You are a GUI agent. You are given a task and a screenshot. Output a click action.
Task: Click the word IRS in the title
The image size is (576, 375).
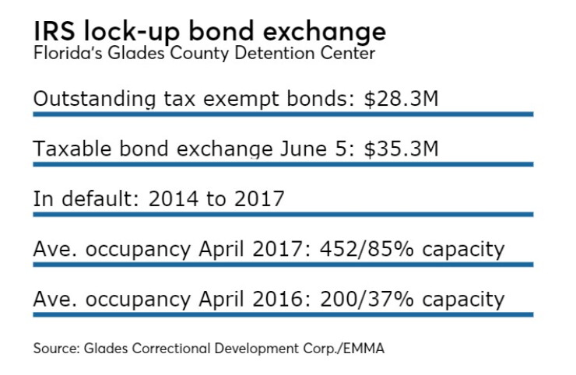click(54, 31)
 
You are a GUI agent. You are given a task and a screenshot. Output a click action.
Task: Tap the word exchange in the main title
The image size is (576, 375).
click(325, 33)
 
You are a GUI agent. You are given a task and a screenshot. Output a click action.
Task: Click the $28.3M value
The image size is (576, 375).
click(401, 99)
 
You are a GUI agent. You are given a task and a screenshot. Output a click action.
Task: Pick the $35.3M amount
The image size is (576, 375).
click(401, 149)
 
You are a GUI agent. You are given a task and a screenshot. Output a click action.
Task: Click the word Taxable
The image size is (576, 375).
click(72, 149)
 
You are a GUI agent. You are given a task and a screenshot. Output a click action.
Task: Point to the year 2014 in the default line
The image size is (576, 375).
click(174, 198)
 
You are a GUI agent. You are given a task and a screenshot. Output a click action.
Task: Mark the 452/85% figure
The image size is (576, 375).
click(367, 249)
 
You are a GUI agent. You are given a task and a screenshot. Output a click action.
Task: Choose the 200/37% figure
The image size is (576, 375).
click(367, 300)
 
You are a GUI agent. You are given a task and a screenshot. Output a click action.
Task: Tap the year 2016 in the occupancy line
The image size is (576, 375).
click(277, 300)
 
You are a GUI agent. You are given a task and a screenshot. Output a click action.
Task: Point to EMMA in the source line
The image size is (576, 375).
click(364, 349)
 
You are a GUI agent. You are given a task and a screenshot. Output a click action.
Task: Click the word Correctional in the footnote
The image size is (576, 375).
click(171, 349)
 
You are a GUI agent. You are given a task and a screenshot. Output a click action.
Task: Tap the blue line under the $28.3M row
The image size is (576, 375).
click(283, 114)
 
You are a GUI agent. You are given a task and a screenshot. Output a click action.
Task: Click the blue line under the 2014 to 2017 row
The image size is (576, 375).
click(283, 215)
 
